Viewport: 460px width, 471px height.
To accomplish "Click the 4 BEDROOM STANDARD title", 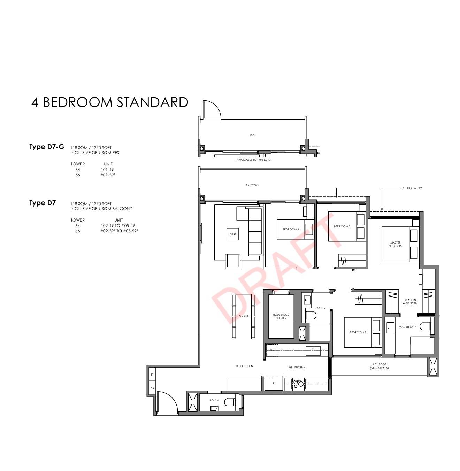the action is (110, 102).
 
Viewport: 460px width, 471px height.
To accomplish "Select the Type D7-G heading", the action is (47, 147).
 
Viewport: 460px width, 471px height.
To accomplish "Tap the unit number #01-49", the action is (107, 169).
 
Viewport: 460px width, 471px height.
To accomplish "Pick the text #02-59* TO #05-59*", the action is (119, 231).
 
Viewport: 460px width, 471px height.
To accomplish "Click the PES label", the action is (252, 135).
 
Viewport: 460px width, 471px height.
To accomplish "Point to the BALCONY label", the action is (252, 185).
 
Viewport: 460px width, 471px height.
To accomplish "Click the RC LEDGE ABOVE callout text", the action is (412, 188).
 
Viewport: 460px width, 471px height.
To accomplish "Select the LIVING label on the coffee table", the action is (232, 234).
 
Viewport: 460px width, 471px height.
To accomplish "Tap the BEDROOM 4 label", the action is (291, 229).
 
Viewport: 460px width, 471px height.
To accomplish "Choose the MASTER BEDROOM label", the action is (396, 244).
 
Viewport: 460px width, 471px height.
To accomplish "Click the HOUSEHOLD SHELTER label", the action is (281, 316).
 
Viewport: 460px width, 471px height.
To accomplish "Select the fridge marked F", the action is (274, 383).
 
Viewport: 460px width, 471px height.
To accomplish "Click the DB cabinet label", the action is (152, 388).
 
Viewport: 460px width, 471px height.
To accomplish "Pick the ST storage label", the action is (152, 375).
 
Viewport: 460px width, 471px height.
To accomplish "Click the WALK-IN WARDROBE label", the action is (411, 301).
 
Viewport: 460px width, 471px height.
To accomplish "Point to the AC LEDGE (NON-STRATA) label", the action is (379, 366).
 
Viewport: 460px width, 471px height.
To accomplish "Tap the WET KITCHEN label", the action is (297, 367).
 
